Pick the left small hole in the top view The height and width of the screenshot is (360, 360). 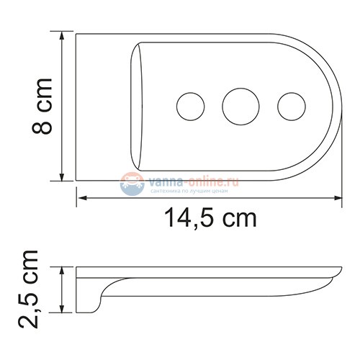coord(189,105)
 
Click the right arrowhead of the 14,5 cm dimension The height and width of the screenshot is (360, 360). coord(339,197)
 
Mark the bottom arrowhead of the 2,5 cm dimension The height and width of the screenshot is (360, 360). coord(66,312)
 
